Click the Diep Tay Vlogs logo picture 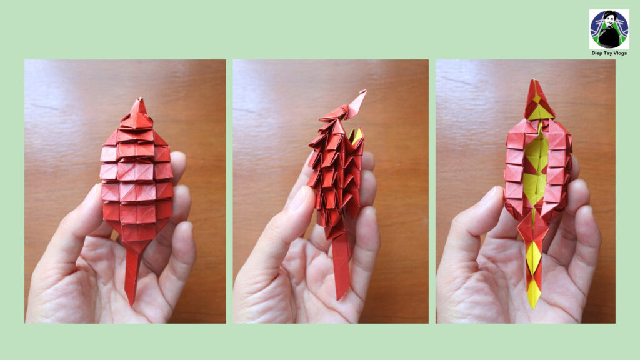[609, 29]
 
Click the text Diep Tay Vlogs [609, 53]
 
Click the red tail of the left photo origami [132, 277]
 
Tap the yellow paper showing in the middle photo [356, 135]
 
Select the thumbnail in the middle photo [300, 198]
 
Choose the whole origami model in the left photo [136, 202]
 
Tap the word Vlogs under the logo [619, 53]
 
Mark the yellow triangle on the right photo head [539, 112]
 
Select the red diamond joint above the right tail [533, 229]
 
